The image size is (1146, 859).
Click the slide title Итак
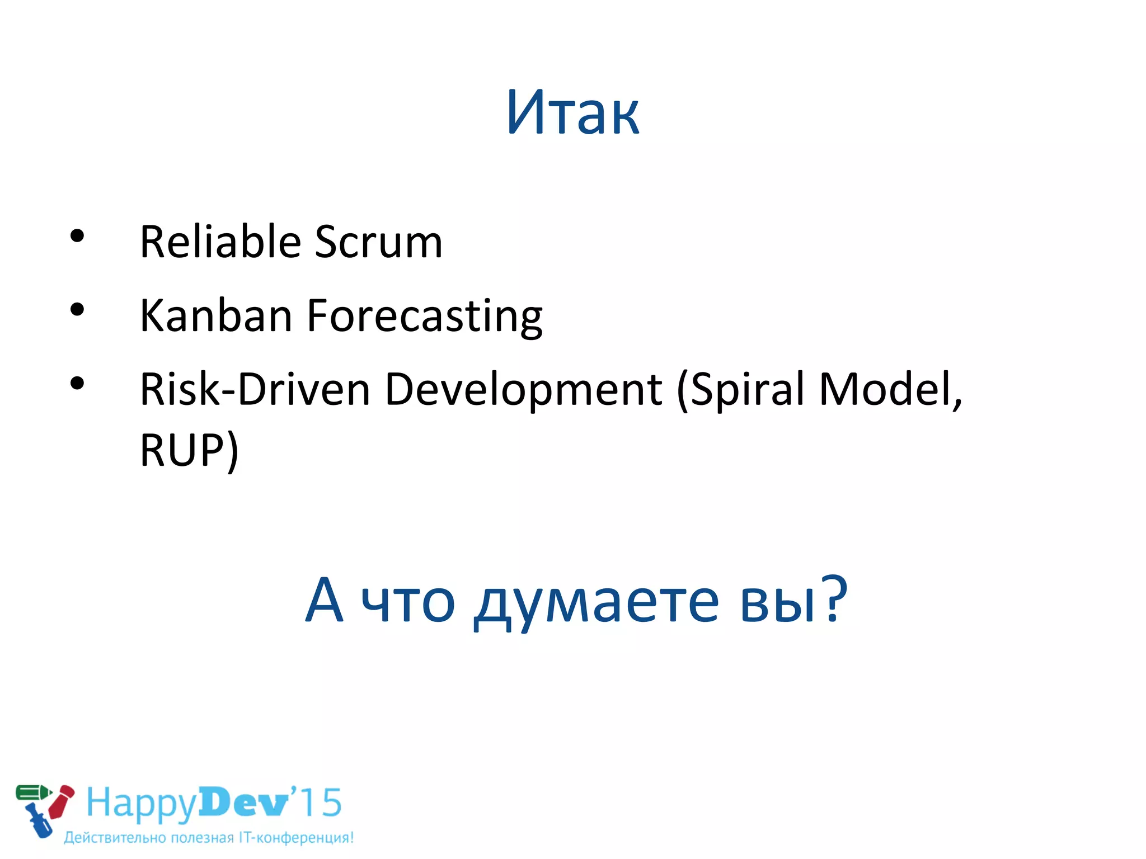pyautogui.click(x=573, y=114)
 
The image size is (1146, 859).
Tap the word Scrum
pyautogui.click(x=378, y=242)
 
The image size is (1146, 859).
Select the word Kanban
pyautogui.click(x=216, y=315)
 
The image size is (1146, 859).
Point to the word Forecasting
pyautogui.click(x=425, y=317)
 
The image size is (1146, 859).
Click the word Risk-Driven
pyautogui.click(x=255, y=389)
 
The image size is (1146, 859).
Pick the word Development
pyautogui.click(x=524, y=390)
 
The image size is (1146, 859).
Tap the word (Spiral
pyautogui.click(x=740, y=390)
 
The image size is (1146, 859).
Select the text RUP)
pyautogui.click(x=189, y=451)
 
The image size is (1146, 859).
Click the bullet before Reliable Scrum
pyautogui.click(x=77, y=236)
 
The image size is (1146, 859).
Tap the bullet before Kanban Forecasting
pyautogui.click(x=77, y=309)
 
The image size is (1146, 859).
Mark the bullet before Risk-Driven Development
pyautogui.click(x=77, y=384)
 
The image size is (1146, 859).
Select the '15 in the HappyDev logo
pyautogui.click(x=316, y=803)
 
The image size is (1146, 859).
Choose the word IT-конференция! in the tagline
pyautogui.click(x=296, y=838)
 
